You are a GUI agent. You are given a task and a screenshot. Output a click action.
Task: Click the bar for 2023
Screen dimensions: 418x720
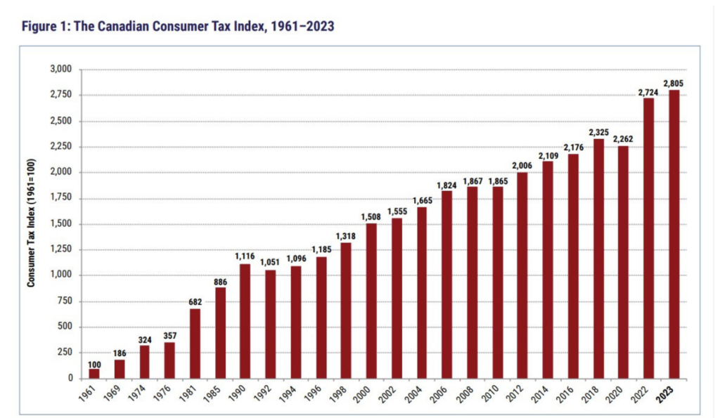[674, 234]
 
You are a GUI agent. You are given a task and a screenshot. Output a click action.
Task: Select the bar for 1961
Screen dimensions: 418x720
[94, 373]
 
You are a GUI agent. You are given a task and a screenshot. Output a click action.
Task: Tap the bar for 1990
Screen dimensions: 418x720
[245, 321]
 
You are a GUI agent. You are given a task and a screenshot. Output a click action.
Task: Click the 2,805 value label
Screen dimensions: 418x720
[674, 83]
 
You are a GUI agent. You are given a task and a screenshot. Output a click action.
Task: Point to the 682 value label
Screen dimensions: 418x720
[195, 302]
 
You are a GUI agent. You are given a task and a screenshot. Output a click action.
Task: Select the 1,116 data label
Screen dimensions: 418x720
[245, 257]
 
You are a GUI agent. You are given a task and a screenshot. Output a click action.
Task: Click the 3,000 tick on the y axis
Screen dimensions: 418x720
[62, 70]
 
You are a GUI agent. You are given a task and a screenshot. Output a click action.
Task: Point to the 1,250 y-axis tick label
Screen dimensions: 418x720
[62, 249]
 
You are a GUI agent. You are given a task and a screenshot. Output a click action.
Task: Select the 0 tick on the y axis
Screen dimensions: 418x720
[70, 378]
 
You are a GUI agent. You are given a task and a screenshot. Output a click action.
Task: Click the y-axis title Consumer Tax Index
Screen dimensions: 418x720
[32, 226]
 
